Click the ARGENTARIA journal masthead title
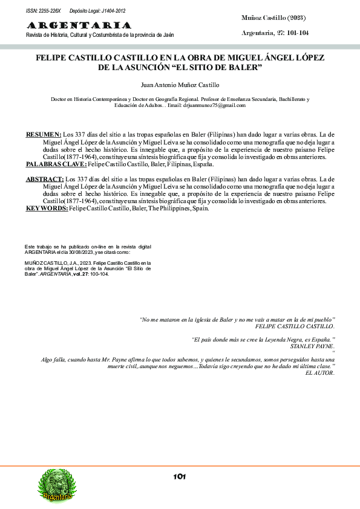(78, 25)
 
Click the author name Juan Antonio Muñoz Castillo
(180, 85)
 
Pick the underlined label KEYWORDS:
(47, 209)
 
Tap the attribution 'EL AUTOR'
(320, 373)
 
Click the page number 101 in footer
(179, 476)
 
